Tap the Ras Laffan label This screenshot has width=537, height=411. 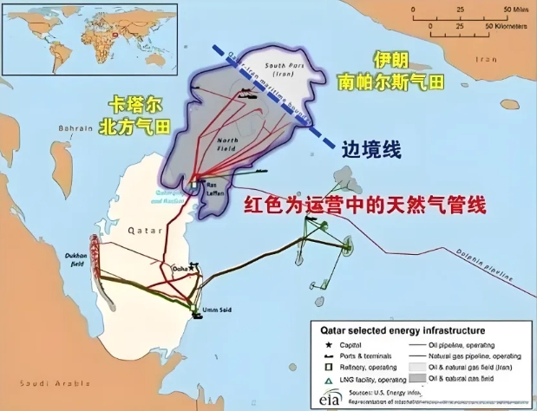pos(216,188)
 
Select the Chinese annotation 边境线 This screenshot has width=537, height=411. pos(372,148)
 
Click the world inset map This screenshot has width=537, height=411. pos(89,41)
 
